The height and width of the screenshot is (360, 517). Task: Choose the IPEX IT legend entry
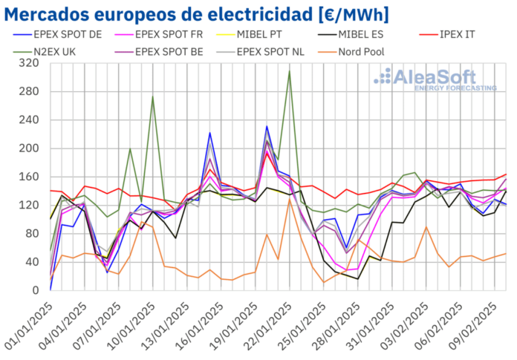454,34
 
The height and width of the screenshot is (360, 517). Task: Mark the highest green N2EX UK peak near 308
290,71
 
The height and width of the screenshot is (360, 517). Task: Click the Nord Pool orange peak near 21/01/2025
290,199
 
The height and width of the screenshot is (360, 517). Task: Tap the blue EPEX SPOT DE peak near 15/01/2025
210,133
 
